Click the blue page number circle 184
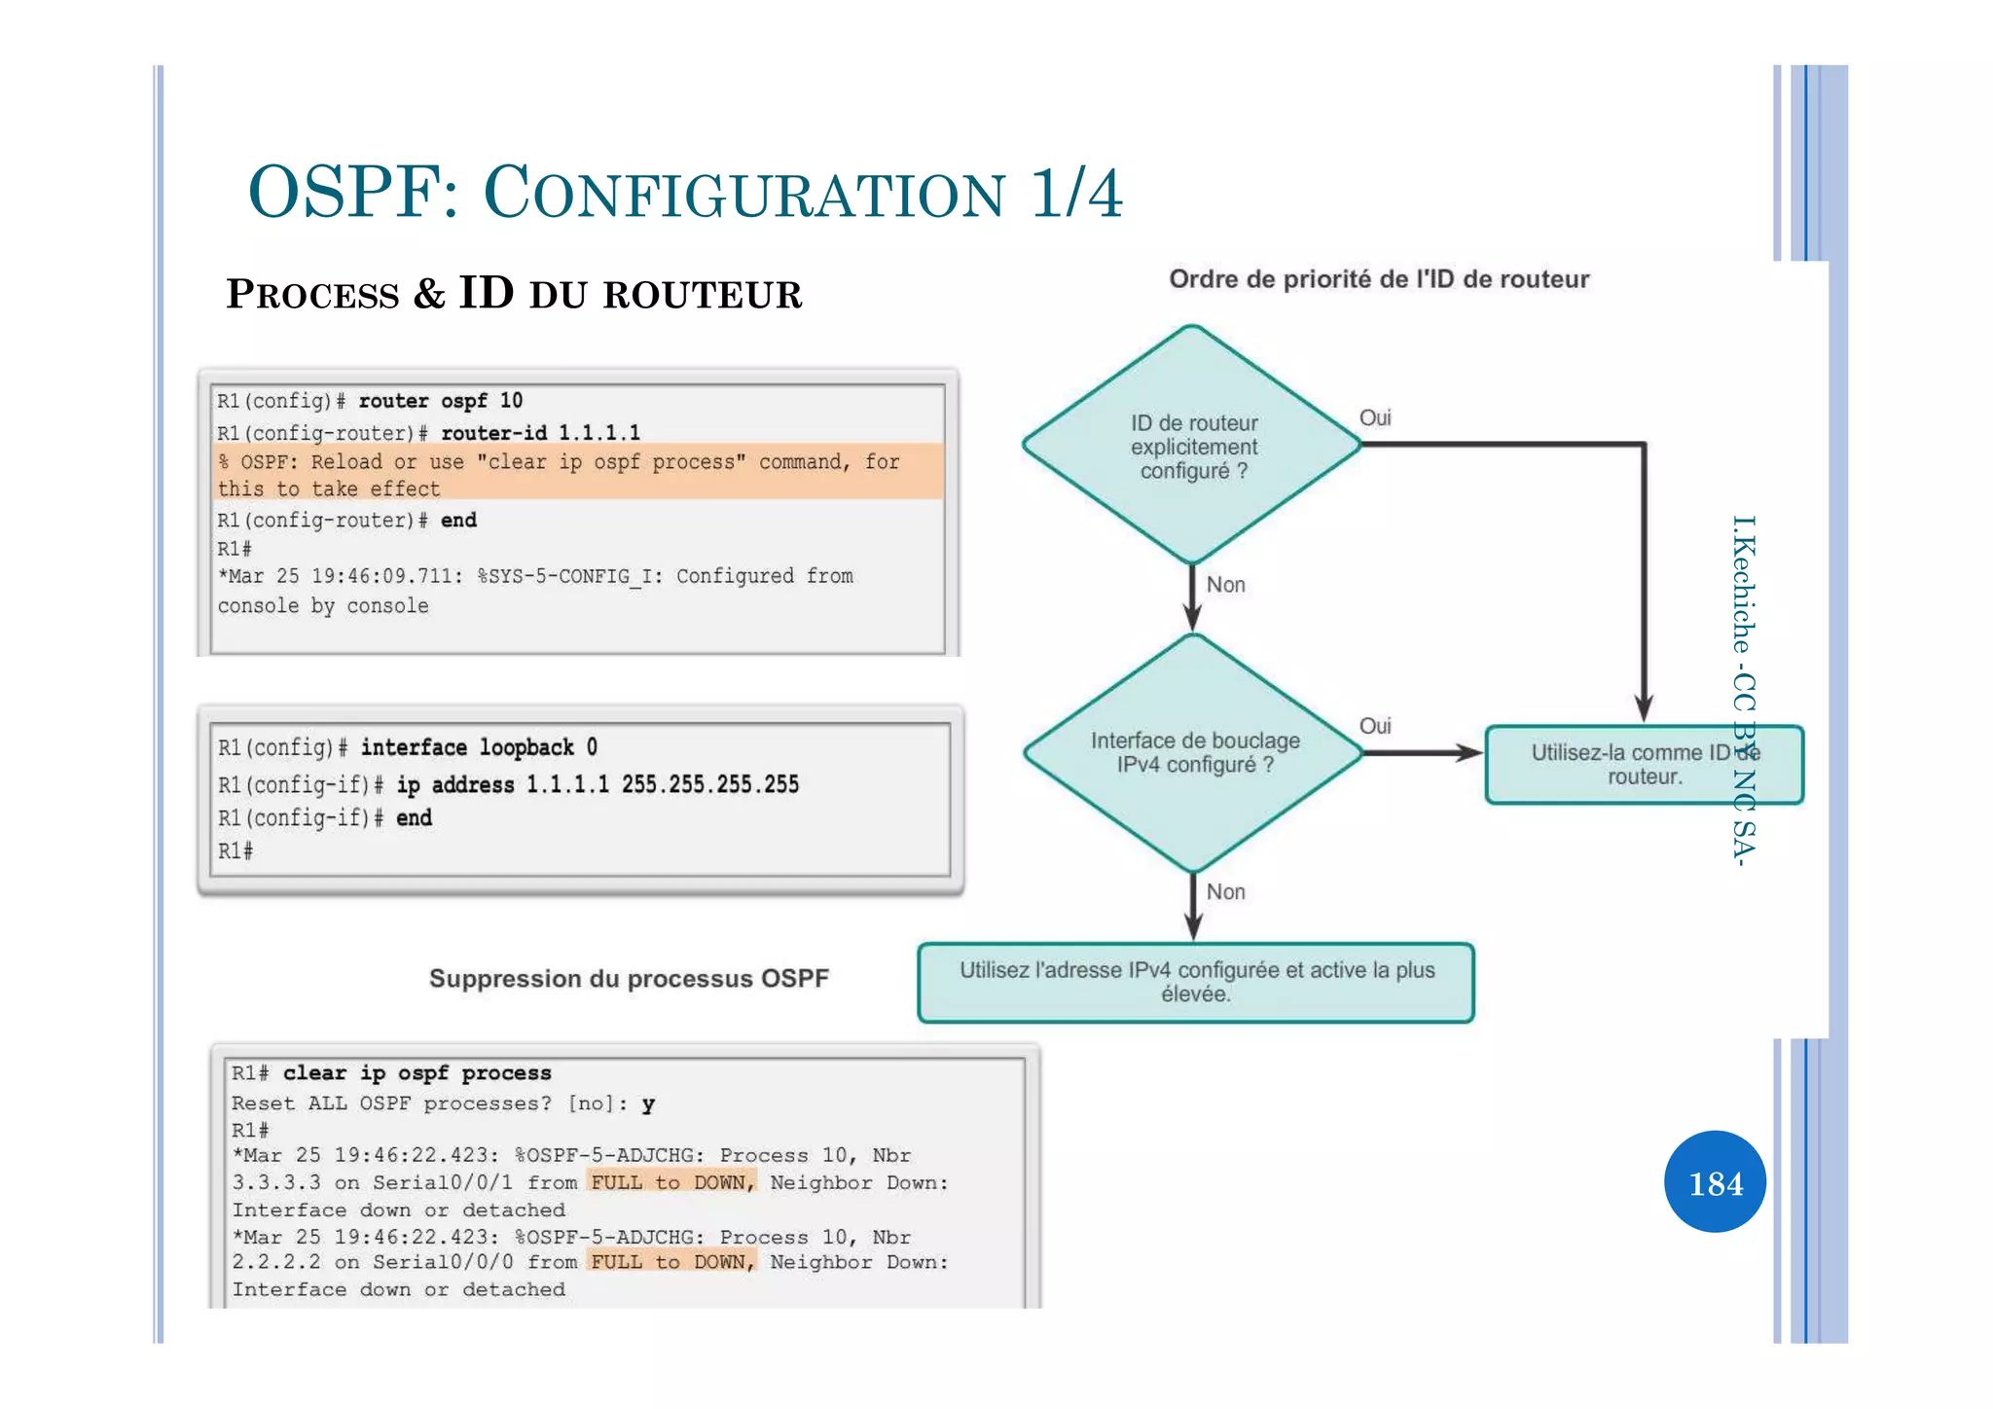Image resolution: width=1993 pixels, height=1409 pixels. click(1715, 1182)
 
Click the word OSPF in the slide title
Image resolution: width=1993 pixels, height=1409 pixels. click(352, 192)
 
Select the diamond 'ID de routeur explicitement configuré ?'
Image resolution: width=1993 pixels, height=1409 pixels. click(1193, 446)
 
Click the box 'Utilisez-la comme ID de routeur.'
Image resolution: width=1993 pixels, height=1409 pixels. click(1644, 765)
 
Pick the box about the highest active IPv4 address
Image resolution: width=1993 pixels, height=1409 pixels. click(1196, 982)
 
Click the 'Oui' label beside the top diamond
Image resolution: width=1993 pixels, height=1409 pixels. click(1374, 417)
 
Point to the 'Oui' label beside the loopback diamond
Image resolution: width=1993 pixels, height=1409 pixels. click(1374, 726)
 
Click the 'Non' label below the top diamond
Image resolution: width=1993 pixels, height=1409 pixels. click(1225, 585)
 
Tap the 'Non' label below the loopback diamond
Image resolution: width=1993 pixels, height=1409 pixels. click(1225, 891)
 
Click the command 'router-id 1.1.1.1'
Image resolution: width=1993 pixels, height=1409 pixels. click(540, 432)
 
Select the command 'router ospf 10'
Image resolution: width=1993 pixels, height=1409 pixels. click(440, 401)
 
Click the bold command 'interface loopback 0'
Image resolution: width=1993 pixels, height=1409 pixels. click(479, 747)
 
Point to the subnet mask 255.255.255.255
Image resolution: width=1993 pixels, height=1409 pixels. click(709, 784)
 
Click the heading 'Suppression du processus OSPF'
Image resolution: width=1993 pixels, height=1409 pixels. click(629, 978)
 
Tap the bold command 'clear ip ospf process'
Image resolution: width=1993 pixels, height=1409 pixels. click(417, 1072)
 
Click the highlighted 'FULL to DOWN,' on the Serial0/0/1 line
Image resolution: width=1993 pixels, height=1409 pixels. click(671, 1182)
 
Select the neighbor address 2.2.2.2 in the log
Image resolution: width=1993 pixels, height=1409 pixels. click(275, 1262)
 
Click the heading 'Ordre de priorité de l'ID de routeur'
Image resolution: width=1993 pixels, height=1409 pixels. click(1378, 279)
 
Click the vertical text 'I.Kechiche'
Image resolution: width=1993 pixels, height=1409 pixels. click(1743, 584)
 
